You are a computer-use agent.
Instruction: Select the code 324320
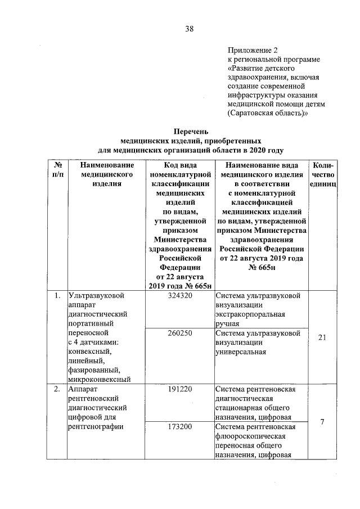click(180, 295)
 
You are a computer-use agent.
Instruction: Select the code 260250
click(180, 333)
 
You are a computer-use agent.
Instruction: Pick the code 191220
click(180, 389)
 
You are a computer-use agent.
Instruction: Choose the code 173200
click(180, 427)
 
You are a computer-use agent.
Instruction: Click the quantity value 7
click(322, 422)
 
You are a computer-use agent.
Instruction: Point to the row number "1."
click(57, 295)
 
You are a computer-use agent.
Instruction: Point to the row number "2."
click(57, 389)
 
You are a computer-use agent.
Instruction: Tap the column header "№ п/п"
click(57, 170)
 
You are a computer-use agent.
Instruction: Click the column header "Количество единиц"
click(323, 175)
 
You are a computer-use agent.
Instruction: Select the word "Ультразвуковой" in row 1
click(95, 295)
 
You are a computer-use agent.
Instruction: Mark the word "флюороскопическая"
click(251, 436)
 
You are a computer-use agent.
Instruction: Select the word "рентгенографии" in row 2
click(95, 427)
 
